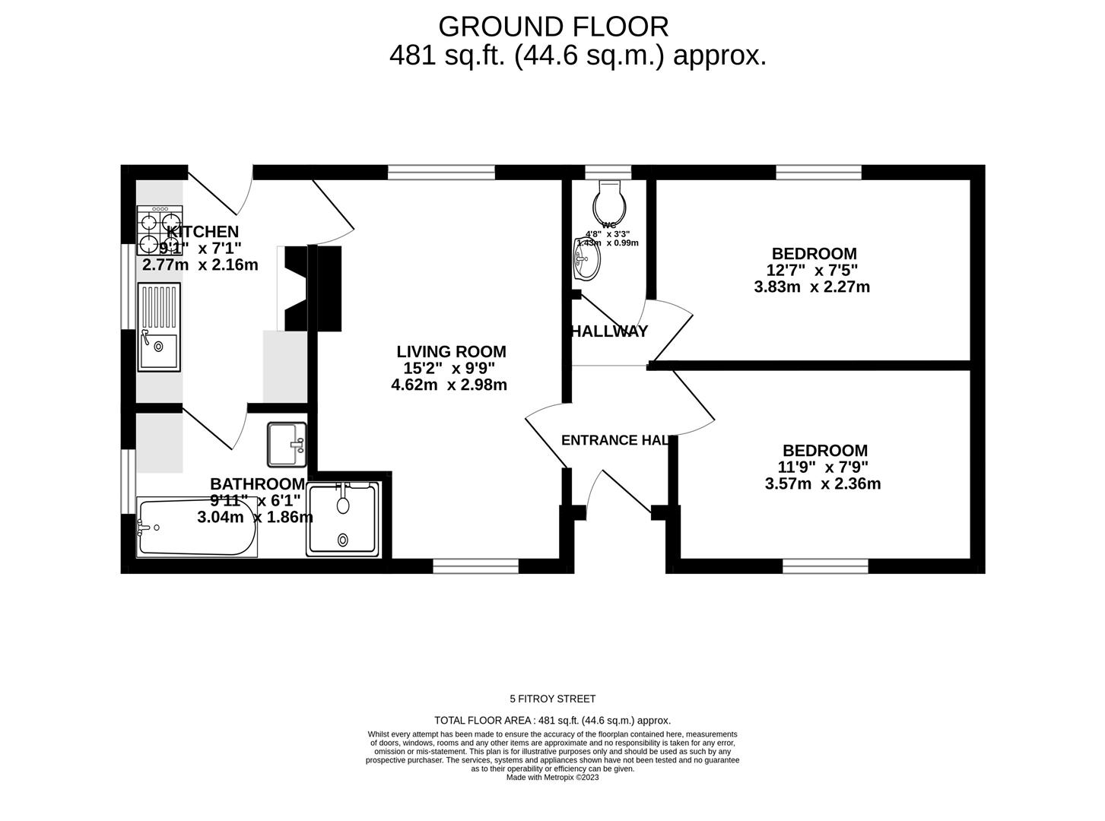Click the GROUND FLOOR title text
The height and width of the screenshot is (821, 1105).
click(x=553, y=27)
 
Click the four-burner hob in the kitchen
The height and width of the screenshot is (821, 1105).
click(x=160, y=230)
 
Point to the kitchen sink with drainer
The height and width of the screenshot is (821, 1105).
click(x=159, y=327)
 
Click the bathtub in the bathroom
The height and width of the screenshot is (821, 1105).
click(x=196, y=527)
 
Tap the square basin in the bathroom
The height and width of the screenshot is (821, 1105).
click(x=287, y=445)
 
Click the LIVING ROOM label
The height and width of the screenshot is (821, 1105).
click(x=451, y=352)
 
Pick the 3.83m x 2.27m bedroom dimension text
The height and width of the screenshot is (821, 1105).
click(x=811, y=287)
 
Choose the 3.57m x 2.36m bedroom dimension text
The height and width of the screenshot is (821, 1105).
click(x=822, y=483)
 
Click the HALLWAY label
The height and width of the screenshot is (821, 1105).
click(x=609, y=331)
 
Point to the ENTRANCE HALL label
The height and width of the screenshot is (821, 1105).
click(x=615, y=440)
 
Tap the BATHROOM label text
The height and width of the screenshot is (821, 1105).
click(x=257, y=484)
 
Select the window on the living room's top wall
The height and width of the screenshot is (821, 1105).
click(x=441, y=173)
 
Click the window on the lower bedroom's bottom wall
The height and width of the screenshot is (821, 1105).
click(x=825, y=566)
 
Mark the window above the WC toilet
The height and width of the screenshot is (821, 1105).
click(x=608, y=173)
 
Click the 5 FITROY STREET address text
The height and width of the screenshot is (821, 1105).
click(x=552, y=699)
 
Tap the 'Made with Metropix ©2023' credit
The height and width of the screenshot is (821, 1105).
click(x=552, y=778)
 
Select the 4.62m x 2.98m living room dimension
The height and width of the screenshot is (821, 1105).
click(x=449, y=385)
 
